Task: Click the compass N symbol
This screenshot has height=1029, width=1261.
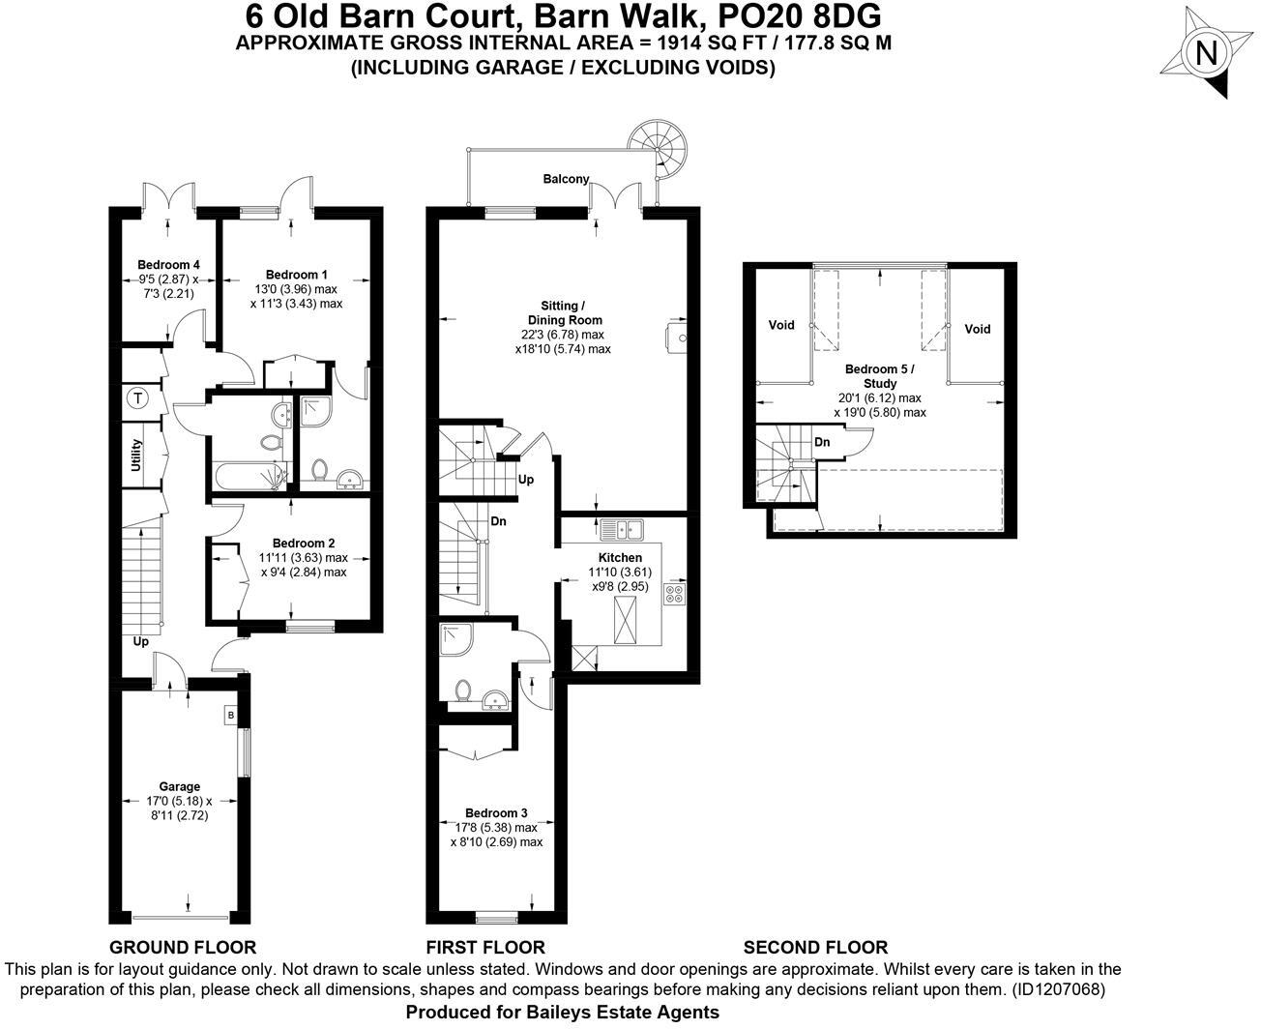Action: (1206, 54)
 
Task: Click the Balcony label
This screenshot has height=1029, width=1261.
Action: (566, 179)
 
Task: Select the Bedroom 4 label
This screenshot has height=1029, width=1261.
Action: (168, 265)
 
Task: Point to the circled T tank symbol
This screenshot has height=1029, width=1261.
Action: (137, 397)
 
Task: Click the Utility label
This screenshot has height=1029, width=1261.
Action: (137, 456)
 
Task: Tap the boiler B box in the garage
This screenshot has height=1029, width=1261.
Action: (230, 716)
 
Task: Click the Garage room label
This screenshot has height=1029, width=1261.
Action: (180, 787)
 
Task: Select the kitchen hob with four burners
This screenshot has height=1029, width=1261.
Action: (675, 594)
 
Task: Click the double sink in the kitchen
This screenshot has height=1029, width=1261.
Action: (622, 529)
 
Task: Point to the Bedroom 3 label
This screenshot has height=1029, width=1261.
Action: (496, 813)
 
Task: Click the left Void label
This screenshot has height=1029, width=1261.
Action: (781, 325)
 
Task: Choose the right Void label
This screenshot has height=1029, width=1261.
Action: (978, 329)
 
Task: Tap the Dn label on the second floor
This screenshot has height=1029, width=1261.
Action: (822, 442)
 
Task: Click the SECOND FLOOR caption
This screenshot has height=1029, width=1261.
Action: (815, 948)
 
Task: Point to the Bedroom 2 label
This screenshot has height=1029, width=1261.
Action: (304, 543)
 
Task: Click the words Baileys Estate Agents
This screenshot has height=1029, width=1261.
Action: (638, 1013)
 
